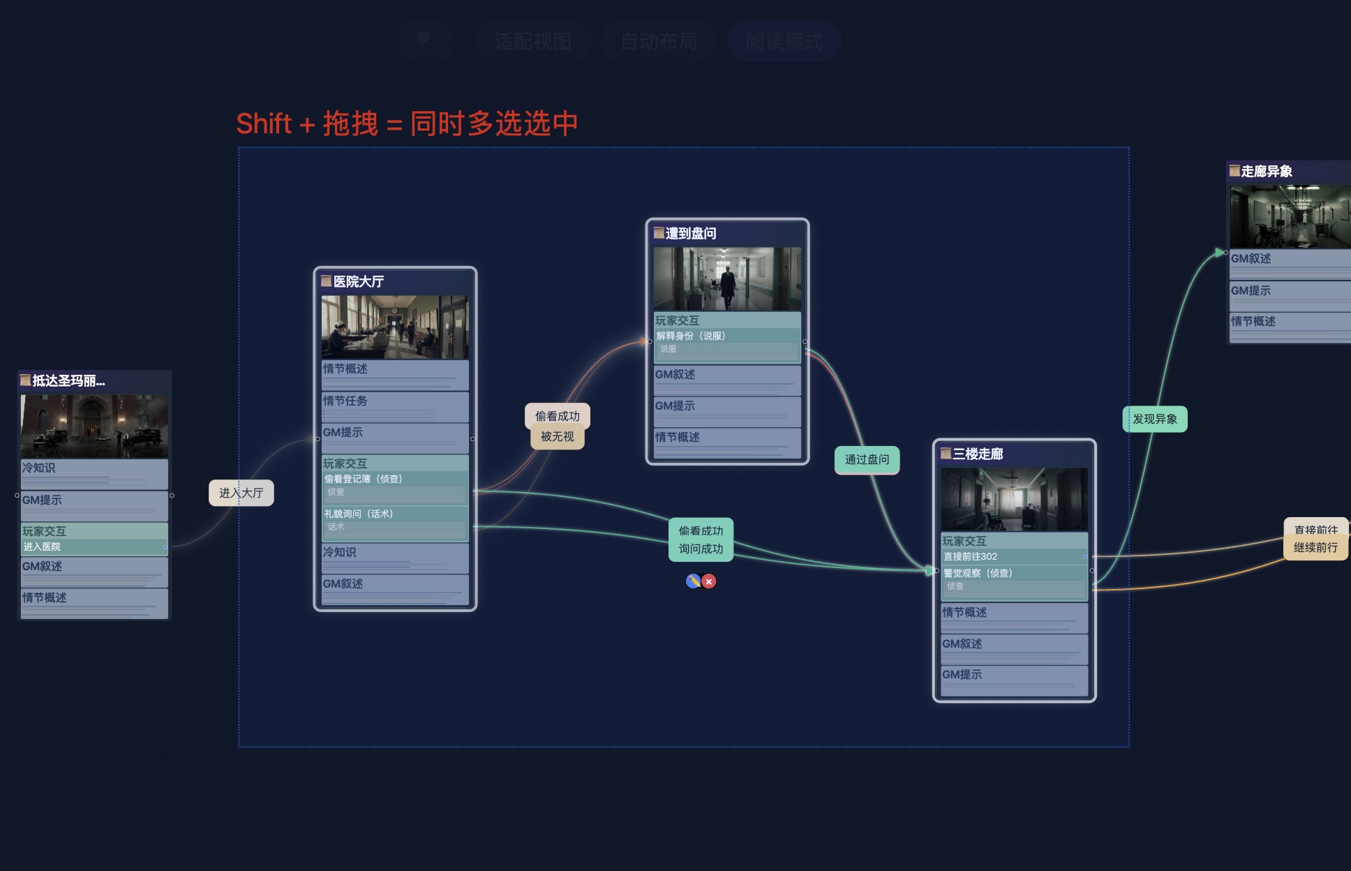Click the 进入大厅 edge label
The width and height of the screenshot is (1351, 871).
point(241,493)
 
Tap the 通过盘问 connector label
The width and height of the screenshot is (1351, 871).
point(867,459)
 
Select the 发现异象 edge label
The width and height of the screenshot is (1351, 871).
point(1155,419)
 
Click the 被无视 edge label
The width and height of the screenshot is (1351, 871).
point(557,437)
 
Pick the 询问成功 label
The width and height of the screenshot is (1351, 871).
point(701,549)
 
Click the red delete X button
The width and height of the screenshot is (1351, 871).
point(709,581)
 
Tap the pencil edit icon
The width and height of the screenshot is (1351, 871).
point(693,581)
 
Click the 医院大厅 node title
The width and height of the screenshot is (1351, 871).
point(359,281)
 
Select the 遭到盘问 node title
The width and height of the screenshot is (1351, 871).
point(691,233)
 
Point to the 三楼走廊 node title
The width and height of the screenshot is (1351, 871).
point(978,454)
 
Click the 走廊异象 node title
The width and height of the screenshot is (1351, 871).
point(1267,171)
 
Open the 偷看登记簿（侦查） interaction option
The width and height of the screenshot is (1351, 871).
point(364,479)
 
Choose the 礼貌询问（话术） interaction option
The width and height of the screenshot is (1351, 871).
point(359,514)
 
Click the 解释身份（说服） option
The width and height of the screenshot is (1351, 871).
point(691,336)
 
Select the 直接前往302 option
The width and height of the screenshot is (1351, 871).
point(971,556)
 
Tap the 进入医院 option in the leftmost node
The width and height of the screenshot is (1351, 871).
point(42,546)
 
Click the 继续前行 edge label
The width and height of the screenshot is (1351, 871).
point(1315,548)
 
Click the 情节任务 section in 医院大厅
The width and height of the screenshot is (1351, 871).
point(345,401)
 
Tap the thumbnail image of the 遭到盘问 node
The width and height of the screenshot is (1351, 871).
point(727,278)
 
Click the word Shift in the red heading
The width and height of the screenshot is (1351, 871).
point(264,124)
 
